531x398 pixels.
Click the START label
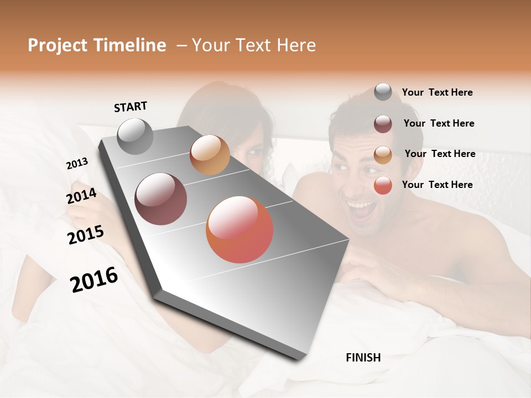pos(131,107)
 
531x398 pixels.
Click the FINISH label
pos(363,358)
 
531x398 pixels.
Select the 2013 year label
pos(77,163)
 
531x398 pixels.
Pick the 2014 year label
pos(81,196)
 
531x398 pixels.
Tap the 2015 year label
pos(86,234)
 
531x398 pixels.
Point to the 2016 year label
pos(94,279)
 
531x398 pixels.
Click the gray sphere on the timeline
pos(135,136)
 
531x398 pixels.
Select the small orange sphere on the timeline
pos(210,155)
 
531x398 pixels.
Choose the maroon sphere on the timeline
pos(161,199)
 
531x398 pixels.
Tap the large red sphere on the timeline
pos(240,229)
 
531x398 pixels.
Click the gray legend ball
pos(383,92)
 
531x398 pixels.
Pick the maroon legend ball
pos(383,124)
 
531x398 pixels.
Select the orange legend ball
pos(383,154)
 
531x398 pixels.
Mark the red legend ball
pos(383,185)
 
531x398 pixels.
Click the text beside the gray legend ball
pos(437,92)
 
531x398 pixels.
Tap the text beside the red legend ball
pos(437,185)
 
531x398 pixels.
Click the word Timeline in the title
pos(130,45)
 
